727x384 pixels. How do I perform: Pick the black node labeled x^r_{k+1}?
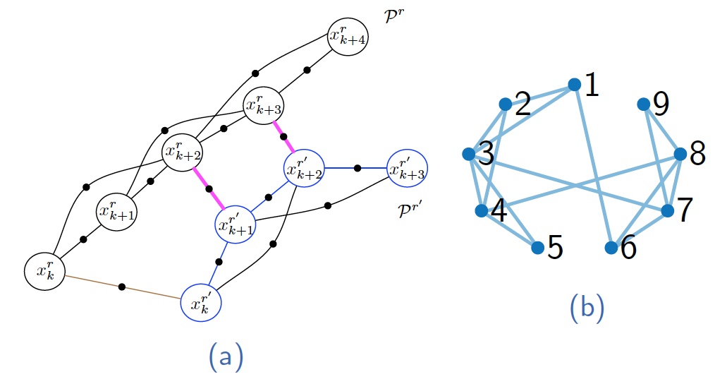click(116, 212)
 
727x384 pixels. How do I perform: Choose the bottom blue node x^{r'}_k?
click(202, 301)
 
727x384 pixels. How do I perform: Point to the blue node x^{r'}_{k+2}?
click(304, 168)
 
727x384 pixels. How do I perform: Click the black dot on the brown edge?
click(122, 287)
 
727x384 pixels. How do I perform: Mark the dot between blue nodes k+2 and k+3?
click(358, 168)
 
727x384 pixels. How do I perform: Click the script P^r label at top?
click(393, 15)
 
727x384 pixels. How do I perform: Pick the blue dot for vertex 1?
click(575, 85)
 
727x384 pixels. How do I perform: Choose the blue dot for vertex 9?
click(643, 104)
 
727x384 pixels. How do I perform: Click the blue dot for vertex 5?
click(537, 248)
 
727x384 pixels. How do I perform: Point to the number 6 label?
click(629, 248)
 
